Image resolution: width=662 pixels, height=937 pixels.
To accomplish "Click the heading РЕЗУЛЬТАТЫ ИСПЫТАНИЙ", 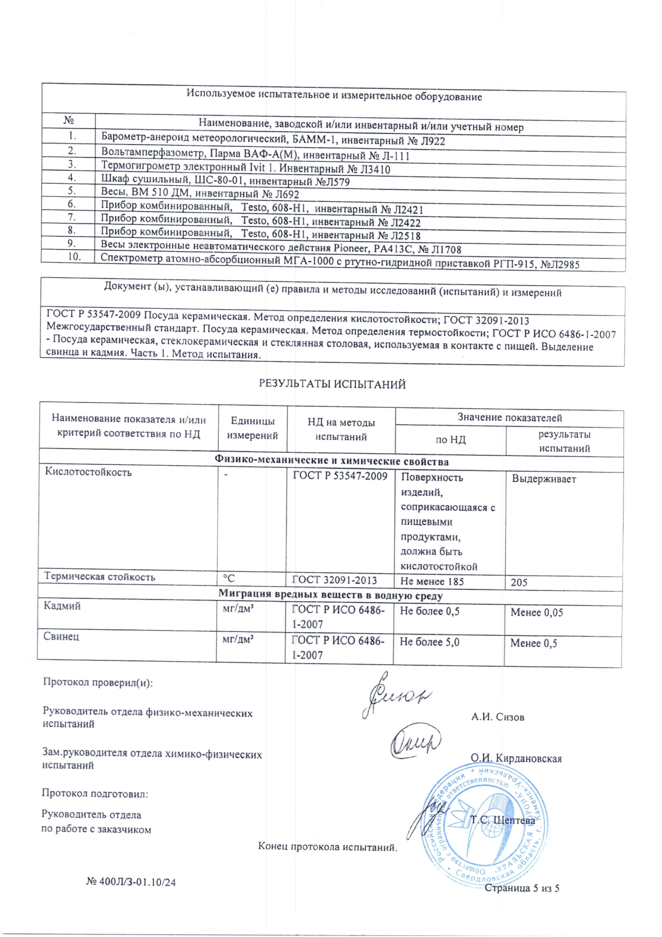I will pyautogui.click(x=332, y=384).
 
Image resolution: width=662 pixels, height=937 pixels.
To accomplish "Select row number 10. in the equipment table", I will pyautogui.click(x=74, y=257).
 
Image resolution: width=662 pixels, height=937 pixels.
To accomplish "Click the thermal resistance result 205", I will pyautogui.click(x=519, y=582).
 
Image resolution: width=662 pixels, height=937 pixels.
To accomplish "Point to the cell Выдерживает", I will pyautogui.click(x=543, y=479).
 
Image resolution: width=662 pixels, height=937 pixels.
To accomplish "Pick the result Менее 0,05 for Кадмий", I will pyautogui.click(x=537, y=612).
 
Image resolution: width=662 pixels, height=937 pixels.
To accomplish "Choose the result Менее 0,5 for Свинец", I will pyautogui.click(x=533, y=643).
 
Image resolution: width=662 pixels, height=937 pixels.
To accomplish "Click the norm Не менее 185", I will pyautogui.click(x=432, y=581).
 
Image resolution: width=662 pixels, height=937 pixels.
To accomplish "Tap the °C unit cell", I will pyautogui.click(x=228, y=578).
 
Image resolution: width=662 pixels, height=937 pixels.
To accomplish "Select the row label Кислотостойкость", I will pyautogui.click(x=88, y=472).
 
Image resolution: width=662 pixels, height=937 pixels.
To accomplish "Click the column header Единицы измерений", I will pyautogui.click(x=252, y=429).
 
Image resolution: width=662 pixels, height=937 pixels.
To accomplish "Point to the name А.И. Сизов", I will pyautogui.click(x=498, y=717).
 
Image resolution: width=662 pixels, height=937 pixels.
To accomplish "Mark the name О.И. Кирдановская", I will pyautogui.click(x=516, y=758).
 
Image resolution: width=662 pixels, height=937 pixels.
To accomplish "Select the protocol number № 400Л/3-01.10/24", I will pyautogui.click(x=131, y=882).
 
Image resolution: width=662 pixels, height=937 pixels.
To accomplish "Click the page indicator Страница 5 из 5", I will pyautogui.click(x=521, y=888).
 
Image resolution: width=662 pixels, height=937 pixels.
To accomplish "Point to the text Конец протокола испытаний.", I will pyautogui.click(x=327, y=847).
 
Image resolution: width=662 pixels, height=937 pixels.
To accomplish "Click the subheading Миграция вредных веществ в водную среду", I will pyautogui.click(x=330, y=595).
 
